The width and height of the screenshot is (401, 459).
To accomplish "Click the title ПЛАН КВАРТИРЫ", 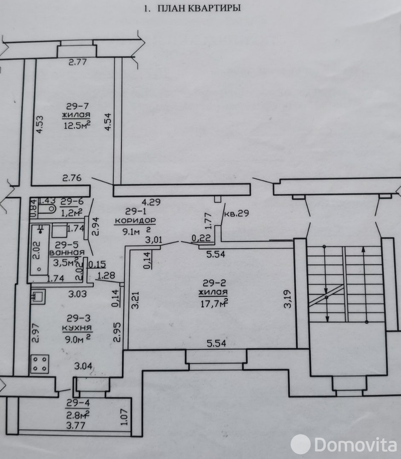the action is pos(199,8).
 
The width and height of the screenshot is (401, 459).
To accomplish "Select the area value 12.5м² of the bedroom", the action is pos(77,125).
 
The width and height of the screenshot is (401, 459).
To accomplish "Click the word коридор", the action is pos(135,221).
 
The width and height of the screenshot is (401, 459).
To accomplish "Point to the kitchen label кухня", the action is pos(77,328).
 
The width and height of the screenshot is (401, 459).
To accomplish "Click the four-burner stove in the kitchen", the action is pos(40,363).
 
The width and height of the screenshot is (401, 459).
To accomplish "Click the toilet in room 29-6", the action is pos(47,209).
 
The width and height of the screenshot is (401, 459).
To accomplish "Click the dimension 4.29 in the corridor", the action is pos(151,202).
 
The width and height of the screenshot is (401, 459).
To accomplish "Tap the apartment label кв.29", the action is pos(237,213).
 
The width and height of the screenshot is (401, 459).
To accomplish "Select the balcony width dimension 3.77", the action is pos(76,425).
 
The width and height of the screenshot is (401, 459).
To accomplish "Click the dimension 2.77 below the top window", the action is pos(78,62).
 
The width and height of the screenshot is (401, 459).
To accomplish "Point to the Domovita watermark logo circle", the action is pos(300,444).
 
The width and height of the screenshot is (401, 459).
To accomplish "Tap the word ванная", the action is pos(67,253).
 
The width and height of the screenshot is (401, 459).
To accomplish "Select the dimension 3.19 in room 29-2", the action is pos(288,299).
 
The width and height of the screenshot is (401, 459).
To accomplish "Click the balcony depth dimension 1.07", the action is pos(124,417).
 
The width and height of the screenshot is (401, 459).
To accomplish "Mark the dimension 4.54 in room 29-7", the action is pos(108,122).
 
